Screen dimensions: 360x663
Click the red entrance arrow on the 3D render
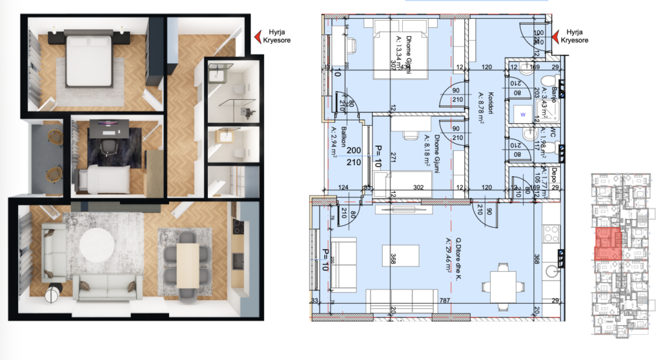pos(257,35)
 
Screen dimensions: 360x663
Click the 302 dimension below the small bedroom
pos(418,188)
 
